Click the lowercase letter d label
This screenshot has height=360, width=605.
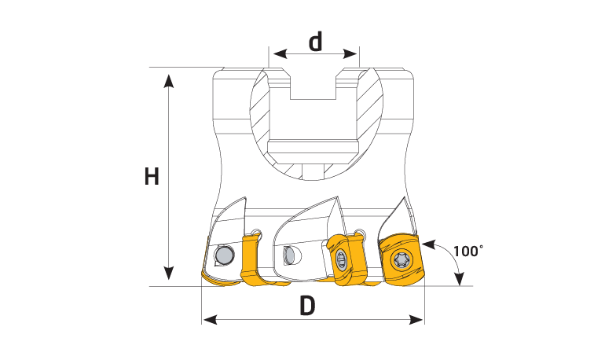click(x=316, y=42)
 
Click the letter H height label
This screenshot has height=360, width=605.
click(x=152, y=177)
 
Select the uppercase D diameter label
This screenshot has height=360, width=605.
click(x=307, y=306)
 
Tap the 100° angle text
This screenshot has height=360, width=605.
click(x=467, y=252)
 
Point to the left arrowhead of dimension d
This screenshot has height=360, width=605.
click(x=280, y=53)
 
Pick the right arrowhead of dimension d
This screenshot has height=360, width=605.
click(x=350, y=53)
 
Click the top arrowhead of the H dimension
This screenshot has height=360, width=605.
click(x=169, y=81)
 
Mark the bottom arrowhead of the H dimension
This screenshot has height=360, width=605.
click(x=169, y=273)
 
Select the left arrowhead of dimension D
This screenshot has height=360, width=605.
click(x=211, y=319)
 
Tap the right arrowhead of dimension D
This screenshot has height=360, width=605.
click(x=416, y=319)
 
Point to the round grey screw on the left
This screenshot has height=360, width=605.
click(x=224, y=255)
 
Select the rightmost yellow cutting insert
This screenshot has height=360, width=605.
click(x=401, y=259)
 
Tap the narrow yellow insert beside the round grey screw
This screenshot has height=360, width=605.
click(x=249, y=259)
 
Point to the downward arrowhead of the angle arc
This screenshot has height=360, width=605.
click(x=459, y=278)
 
